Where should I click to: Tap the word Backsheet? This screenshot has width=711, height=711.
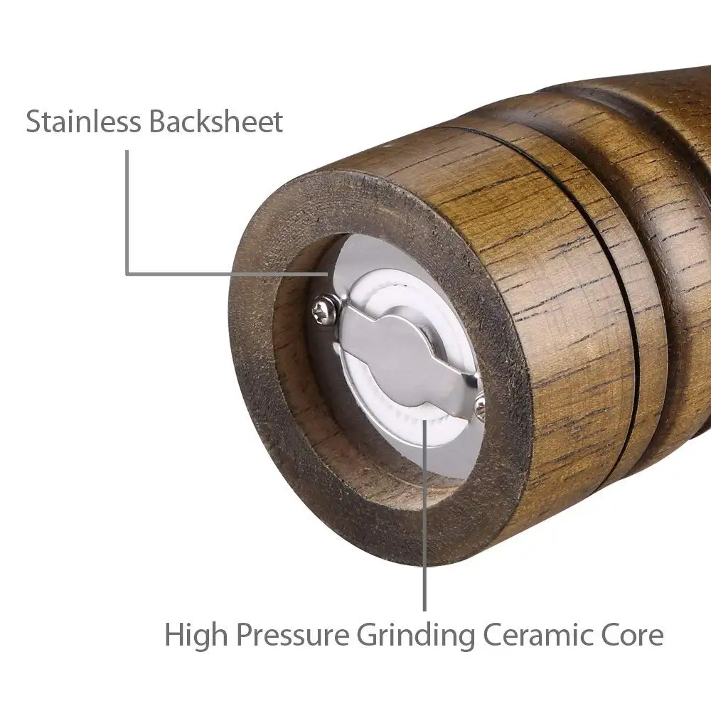click(x=216, y=122)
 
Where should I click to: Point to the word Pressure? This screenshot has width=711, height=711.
click(x=292, y=634)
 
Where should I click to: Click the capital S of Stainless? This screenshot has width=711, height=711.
click(x=33, y=122)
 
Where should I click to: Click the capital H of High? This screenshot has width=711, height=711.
click(x=175, y=634)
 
